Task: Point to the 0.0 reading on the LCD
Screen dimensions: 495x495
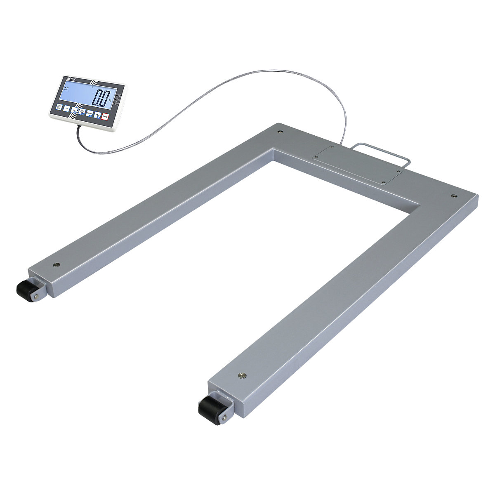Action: (101, 99)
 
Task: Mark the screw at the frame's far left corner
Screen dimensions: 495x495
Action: (280, 132)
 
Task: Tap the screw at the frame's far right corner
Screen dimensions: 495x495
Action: (454, 196)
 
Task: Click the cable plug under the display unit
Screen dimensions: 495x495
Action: (79, 128)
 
